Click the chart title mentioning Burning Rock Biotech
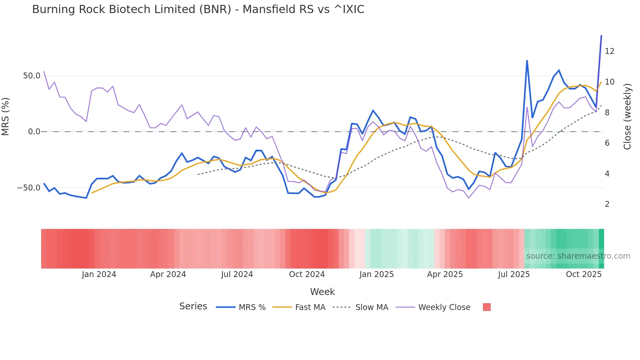[198, 9]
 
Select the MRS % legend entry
[252, 307]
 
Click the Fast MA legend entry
[310, 307]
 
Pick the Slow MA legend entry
[372, 307]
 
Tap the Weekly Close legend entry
[444, 307]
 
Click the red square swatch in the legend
[487, 307]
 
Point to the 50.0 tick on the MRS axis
[32, 76]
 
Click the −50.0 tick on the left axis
[29, 188]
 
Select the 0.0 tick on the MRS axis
[34, 132]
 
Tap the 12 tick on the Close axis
[609, 51]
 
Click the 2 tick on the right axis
[607, 204]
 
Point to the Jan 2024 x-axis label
[99, 274]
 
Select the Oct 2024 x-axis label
[307, 274]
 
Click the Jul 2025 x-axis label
[514, 274]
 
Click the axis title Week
[322, 292]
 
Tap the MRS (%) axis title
[6, 117]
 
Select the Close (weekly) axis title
[627, 117]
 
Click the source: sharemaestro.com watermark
[578, 256]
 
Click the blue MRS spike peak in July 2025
[527, 61]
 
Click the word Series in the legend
[193, 306]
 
